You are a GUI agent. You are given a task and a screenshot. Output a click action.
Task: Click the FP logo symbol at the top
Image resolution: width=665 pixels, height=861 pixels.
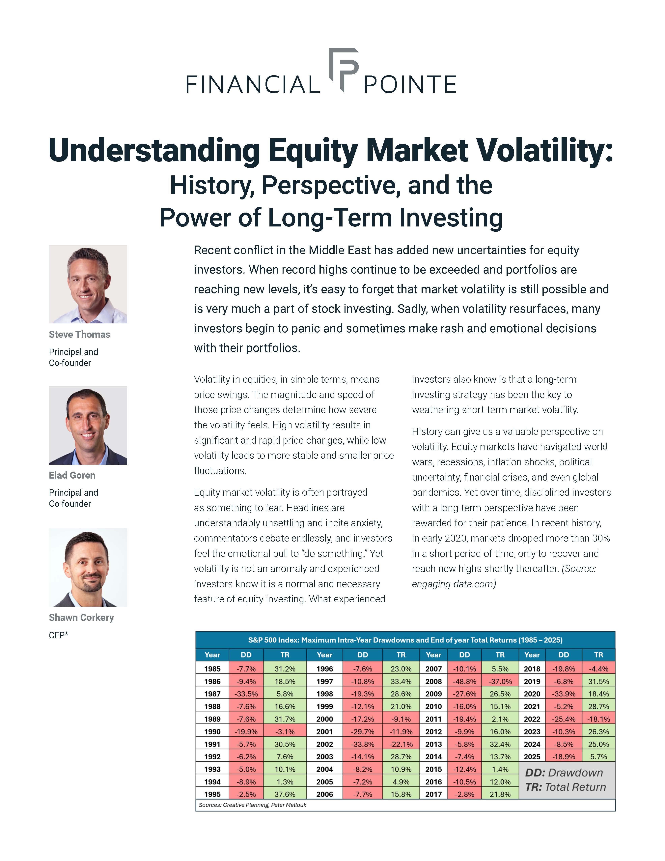tap(344, 69)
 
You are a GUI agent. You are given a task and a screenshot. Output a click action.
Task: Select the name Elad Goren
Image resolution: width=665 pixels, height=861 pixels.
tap(72, 475)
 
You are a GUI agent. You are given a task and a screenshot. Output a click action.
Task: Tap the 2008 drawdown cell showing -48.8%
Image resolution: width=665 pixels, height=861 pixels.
tap(464, 681)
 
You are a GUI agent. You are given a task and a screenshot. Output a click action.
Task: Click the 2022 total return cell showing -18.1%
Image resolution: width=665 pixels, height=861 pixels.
tap(598, 719)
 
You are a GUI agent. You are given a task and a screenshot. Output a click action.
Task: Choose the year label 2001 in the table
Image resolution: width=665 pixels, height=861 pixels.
tap(325, 731)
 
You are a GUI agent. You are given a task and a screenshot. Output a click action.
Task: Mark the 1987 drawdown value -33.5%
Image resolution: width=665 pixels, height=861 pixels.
tap(246, 694)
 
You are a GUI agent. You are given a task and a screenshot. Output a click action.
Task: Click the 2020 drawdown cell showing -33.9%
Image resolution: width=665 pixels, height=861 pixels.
tap(564, 694)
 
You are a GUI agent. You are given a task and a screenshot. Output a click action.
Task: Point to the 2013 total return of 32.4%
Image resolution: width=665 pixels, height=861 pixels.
tap(500, 744)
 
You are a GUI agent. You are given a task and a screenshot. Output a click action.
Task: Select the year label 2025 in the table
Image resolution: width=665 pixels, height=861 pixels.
tap(532, 757)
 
